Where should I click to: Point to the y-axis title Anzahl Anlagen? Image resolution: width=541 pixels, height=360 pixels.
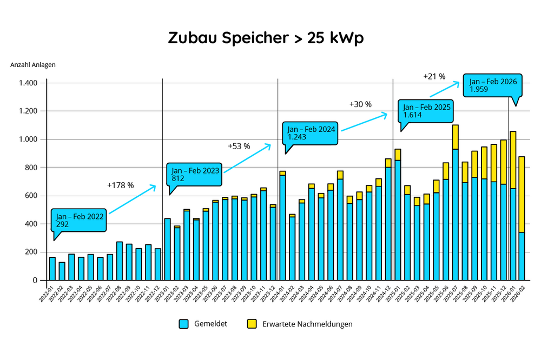33,65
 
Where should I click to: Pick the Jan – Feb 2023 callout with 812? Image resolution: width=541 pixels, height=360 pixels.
195,174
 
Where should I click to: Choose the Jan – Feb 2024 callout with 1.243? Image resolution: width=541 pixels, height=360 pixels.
311,133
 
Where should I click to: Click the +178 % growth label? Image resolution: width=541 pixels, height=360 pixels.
121,185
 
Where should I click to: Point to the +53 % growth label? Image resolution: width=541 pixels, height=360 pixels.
239,146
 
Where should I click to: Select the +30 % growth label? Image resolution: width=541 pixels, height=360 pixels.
360,104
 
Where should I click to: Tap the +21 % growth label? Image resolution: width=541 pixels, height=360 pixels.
434,76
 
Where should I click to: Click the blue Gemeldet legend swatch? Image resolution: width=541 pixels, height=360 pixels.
183,324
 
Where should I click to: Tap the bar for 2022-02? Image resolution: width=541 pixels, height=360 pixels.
62,271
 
